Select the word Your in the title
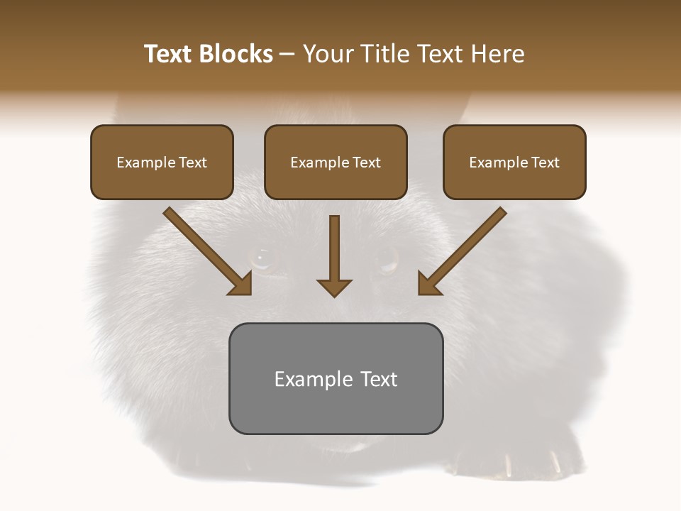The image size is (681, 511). point(327,54)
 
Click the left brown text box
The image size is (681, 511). point(162,163)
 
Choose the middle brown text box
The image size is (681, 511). point(336,163)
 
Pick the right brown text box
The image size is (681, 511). point(514,163)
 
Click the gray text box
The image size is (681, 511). point(336,379)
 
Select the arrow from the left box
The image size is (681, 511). point(206,250)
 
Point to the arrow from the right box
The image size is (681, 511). point(464,250)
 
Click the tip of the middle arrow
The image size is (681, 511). point(334,295)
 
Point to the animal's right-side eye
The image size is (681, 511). point(387,260)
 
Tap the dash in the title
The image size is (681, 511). point(288,54)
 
